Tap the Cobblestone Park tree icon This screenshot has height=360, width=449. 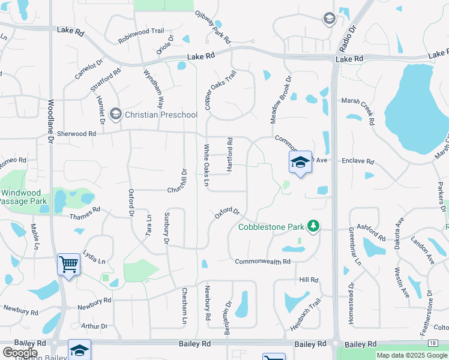(x=313, y=226)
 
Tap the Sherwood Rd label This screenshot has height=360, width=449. (x=76, y=134)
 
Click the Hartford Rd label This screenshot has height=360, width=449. (x=229, y=155)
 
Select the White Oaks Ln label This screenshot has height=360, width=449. (x=206, y=164)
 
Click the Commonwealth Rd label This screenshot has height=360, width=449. (x=262, y=262)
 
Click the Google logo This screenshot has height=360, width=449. (x=19, y=353)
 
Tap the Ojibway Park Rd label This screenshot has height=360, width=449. (x=213, y=27)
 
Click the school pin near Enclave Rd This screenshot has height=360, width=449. (x=300, y=163)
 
